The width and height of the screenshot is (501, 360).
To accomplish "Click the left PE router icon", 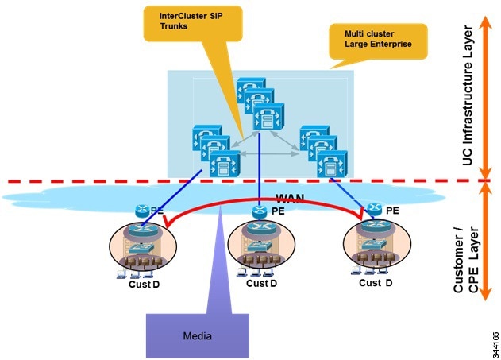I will tap(142, 211).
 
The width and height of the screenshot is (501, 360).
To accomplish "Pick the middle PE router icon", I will tap(260, 211).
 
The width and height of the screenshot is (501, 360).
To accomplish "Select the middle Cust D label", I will tap(262, 284).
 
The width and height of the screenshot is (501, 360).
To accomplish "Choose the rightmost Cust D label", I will tap(376, 283).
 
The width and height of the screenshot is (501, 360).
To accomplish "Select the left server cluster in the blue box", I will tap(208, 151).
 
